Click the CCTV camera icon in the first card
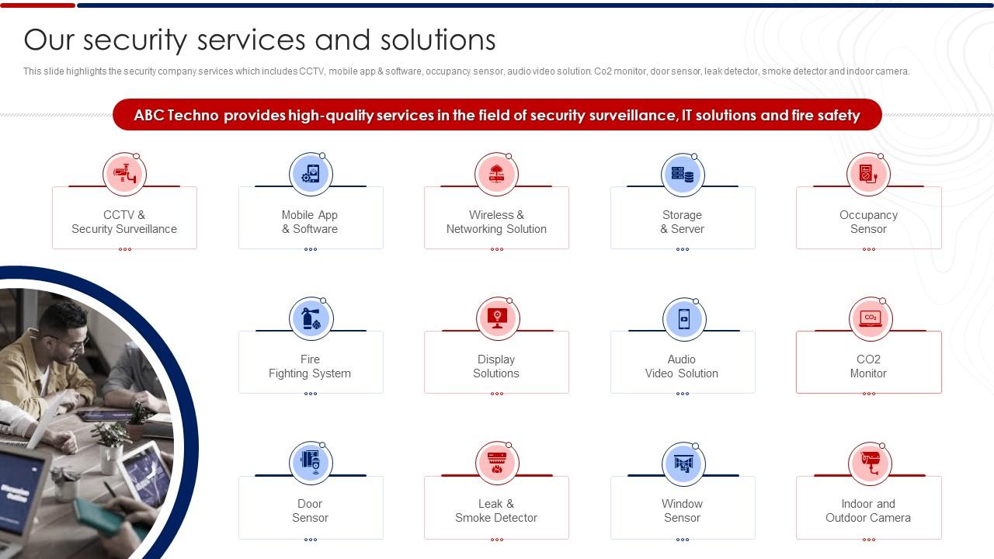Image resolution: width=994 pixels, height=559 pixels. [124, 174]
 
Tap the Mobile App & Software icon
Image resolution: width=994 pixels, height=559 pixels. [310, 174]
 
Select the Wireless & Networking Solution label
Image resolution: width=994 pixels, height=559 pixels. [496, 222]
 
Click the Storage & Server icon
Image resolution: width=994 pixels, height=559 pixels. [682, 174]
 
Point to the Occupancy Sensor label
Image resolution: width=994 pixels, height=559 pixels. [868, 222]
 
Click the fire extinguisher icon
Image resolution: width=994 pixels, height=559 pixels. [310, 318]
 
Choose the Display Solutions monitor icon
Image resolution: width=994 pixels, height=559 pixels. [497, 318]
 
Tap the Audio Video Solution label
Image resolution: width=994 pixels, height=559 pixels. [682, 366]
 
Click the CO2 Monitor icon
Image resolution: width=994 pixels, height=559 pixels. [870, 318]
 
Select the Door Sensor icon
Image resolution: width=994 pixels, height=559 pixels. [310, 463]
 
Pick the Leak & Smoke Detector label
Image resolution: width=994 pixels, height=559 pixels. [496, 511]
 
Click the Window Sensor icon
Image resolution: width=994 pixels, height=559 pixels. [683, 463]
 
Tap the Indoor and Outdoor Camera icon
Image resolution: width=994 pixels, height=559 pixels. [869, 463]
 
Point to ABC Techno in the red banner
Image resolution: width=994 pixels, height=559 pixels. [176, 115]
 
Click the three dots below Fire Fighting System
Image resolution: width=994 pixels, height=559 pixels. [311, 394]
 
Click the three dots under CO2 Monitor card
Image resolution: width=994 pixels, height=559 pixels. [868, 394]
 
